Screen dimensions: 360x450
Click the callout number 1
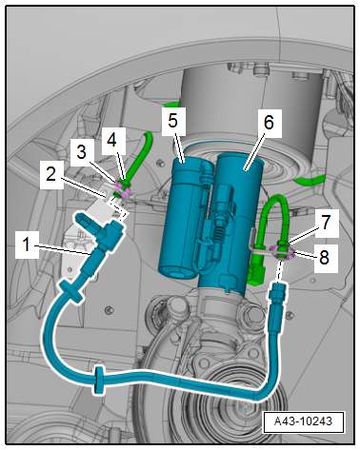(x=27, y=245)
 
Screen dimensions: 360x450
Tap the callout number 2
(x=50, y=174)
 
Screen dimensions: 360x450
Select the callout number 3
(x=82, y=151)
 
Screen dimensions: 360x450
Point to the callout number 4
(x=111, y=140)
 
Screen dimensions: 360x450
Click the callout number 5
(x=172, y=121)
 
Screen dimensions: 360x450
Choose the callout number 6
(x=269, y=123)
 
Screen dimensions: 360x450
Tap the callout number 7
(x=326, y=223)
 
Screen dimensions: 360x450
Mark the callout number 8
(x=324, y=257)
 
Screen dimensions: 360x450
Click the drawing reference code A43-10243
(x=303, y=421)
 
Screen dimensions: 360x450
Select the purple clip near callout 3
(x=122, y=189)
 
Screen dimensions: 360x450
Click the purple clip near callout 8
(x=282, y=251)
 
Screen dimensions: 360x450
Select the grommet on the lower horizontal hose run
(x=100, y=380)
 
